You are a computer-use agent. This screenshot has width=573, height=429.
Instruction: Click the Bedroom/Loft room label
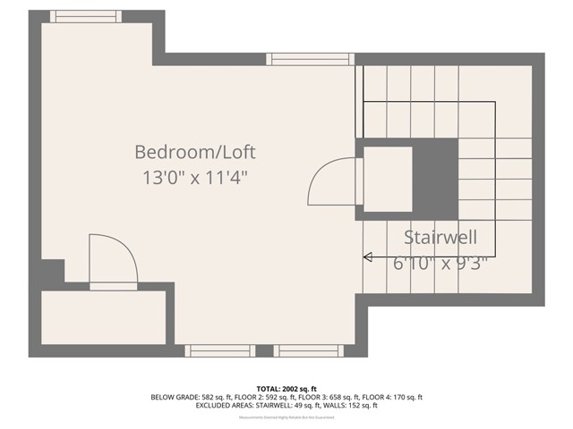pyautogui.click(x=201, y=151)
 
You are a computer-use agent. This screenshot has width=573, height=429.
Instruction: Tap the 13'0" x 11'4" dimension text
pyautogui.click(x=194, y=177)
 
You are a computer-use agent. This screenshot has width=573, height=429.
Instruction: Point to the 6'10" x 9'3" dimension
pyautogui.click(x=440, y=264)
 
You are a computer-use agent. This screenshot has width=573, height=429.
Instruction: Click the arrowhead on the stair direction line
pyautogui.click(x=367, y=257)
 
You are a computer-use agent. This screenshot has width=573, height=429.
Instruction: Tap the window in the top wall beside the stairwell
pyautogui.click(x=304, y=59)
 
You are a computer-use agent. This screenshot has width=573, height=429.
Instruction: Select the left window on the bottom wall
pyautogui.click(x=219, y=350)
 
